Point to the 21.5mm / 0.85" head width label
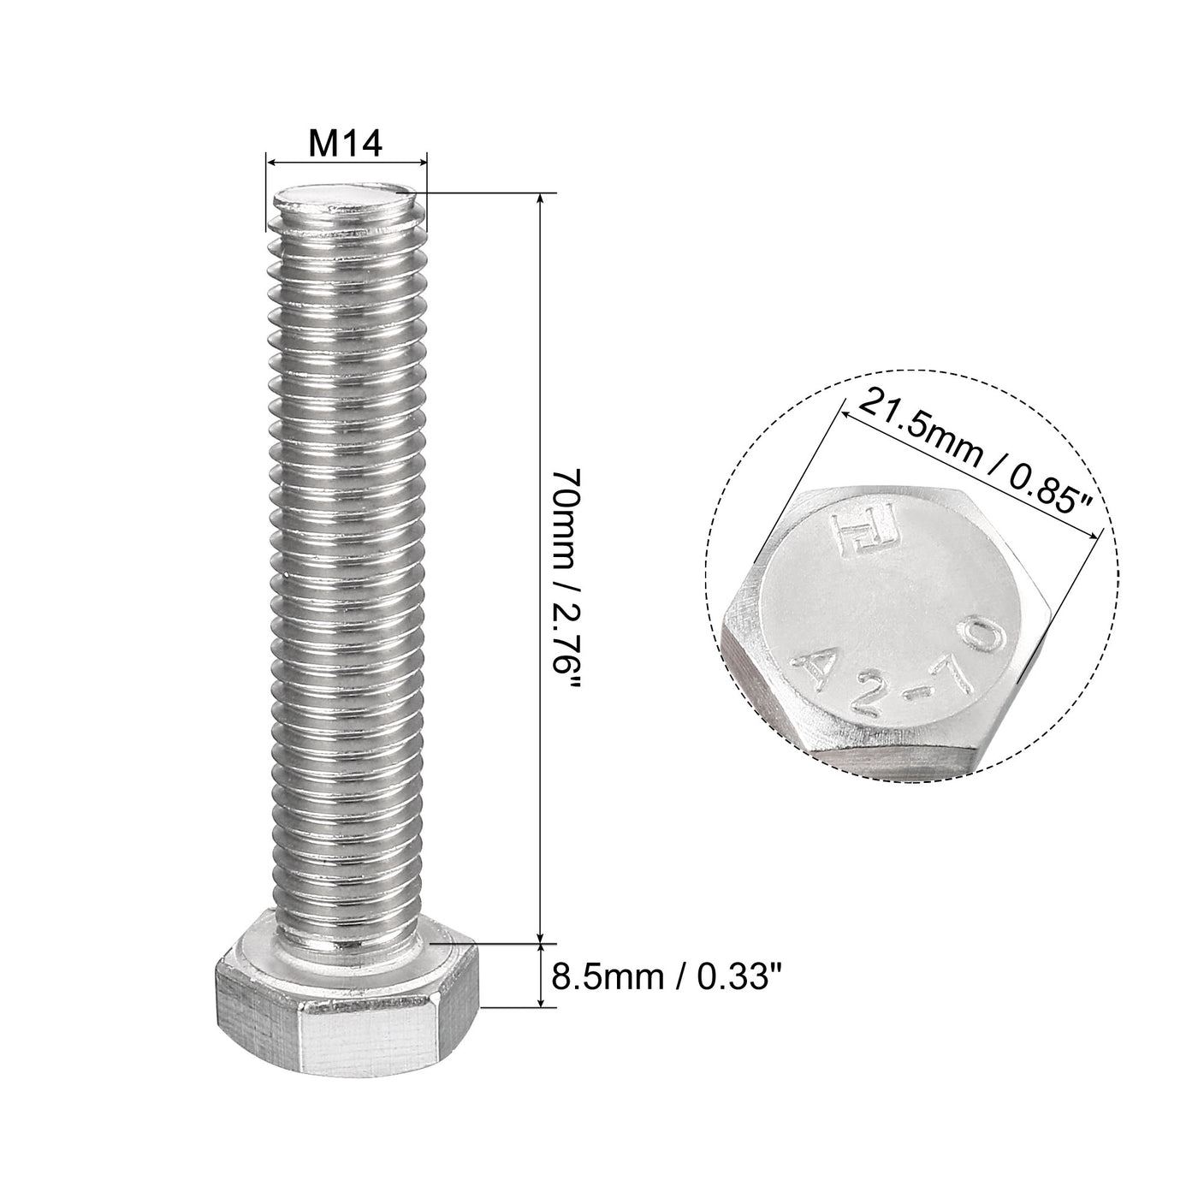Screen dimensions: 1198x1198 (976, 452)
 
